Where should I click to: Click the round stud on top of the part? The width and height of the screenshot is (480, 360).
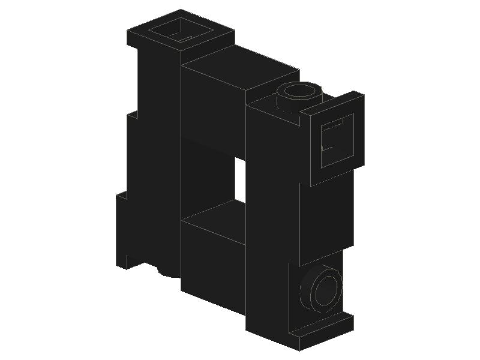coord(299,96)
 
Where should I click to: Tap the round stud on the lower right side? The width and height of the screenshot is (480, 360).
coord(322,288)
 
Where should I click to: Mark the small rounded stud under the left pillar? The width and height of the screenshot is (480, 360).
coord(169,272)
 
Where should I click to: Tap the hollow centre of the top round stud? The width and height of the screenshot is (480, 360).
coord(300,91)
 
